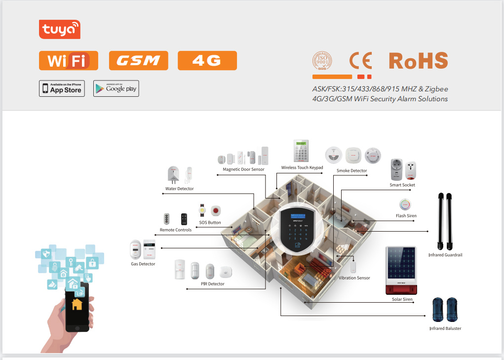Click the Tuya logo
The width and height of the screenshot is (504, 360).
[59, 29]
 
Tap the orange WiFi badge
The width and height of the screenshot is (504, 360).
[68, 60]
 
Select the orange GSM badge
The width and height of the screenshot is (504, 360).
[138, 60]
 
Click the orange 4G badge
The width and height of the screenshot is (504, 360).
[207, 60]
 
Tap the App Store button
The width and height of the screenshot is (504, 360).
[62, 88]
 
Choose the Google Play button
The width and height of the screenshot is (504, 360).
[116, 88]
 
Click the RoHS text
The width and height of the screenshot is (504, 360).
[418, 60]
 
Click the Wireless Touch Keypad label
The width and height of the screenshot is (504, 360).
[302, 168]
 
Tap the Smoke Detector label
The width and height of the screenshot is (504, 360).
[351, 171]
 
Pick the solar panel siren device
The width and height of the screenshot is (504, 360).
[401, 269]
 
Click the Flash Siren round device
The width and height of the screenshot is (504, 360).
[405, 204]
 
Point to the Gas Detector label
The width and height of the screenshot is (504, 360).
[143, 264]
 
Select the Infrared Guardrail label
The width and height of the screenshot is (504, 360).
[445, 255]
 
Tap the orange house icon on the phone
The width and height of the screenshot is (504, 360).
[77, 304]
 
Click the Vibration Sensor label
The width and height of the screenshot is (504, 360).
[354, 278]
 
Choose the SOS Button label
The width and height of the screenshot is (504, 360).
[210, 223]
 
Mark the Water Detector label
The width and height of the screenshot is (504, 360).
[179, 189]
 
